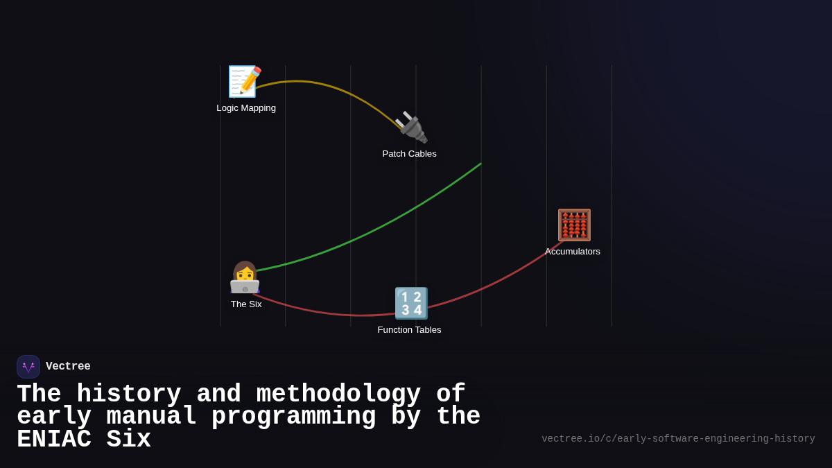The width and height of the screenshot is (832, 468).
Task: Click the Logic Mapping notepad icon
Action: [x=245, y=82]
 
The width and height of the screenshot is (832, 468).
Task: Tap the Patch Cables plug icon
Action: [x=410, y=128]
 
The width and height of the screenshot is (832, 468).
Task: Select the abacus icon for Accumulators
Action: [x=574, y=225]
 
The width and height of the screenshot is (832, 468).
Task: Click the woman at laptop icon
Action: [x=245, y=277]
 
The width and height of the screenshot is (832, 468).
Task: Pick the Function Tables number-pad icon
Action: [x=410, y=303]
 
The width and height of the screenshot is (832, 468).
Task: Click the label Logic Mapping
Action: [x=246, y=108]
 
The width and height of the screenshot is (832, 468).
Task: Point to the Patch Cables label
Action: [x=409, y=154]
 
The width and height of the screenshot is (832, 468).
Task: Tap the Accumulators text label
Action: [x=573, y=252]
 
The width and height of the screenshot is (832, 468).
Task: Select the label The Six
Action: [x=246, y=304]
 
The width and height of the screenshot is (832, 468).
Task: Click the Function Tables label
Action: [x=409, y=330]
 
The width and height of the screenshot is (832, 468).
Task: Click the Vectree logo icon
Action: [x=28, y=367]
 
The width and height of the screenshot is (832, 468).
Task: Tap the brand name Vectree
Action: [x=68, y=367]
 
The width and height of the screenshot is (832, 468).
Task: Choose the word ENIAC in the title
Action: [x=53, y=440]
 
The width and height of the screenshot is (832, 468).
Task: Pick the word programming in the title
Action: [x=294, y=417]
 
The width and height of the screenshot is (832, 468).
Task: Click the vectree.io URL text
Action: [x=678, y=439]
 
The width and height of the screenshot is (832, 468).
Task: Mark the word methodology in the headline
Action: [x=338, y=395]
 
